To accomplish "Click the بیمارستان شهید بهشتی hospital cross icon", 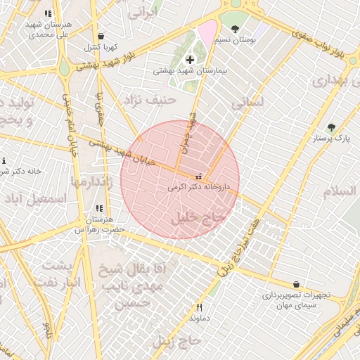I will pos(190,60).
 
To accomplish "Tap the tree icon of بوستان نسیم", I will pos(234,29).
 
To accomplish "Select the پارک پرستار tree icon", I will pos(331,127).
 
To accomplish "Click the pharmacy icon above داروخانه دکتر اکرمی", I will pos(200,176).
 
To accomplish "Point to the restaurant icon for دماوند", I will pos(199,307).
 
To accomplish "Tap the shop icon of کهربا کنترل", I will pos(101,37).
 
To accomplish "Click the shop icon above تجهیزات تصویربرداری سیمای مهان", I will pos(295,284).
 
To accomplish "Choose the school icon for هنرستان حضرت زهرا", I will pos(98,209).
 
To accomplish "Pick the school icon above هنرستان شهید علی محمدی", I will pos(47,13).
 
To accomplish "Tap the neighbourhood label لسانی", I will pos(249,102).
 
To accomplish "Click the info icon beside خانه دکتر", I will pos(4,161).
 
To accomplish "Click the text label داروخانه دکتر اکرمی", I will pos(203,188).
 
